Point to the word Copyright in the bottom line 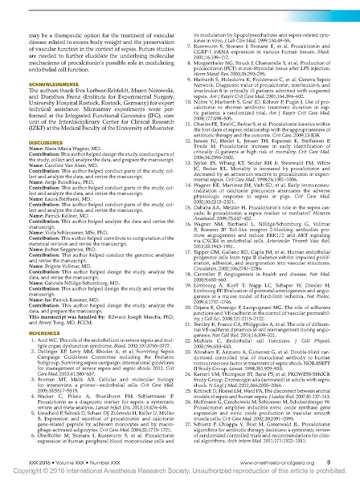tap(37, 468)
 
